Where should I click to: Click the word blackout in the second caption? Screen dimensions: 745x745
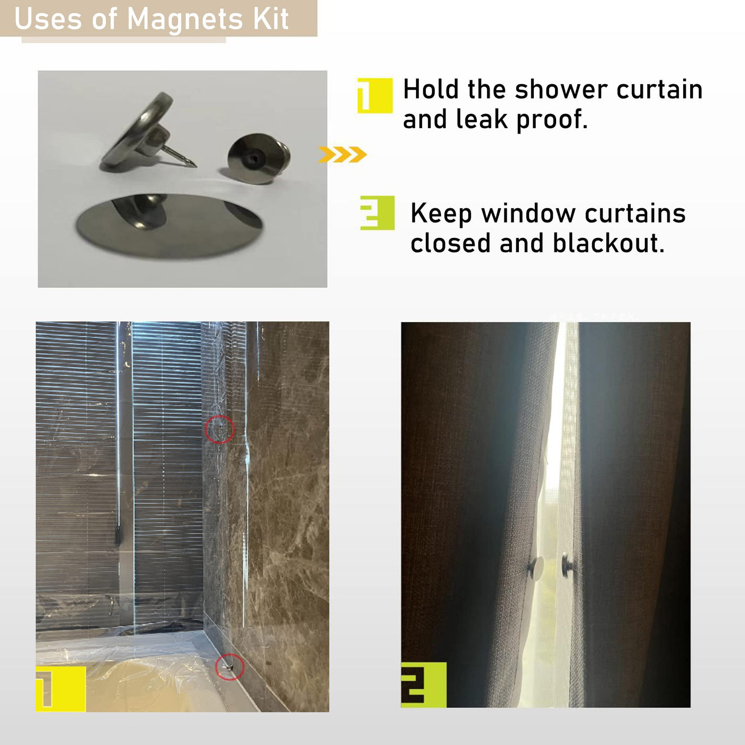pos(609,243)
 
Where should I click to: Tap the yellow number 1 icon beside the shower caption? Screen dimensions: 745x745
pos(375,95)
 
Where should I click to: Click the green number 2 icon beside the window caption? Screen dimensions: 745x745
pos(377,213)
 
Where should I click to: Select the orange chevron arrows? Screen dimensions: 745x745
pos(342,155)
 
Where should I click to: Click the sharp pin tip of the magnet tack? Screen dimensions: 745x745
pos(196,167)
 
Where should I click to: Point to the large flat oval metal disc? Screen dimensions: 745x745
pos(170,226)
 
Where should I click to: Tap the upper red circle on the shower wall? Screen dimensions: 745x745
pos(220,429)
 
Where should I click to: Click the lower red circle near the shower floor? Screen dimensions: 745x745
pos(230,667)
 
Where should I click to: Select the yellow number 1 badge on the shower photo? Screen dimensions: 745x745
pos(61,689)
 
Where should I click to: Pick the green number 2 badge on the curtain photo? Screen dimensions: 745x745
pos(424,685)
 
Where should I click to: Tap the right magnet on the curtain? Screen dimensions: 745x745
pos(567,565)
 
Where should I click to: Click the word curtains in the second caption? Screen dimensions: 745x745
pos(635,213)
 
